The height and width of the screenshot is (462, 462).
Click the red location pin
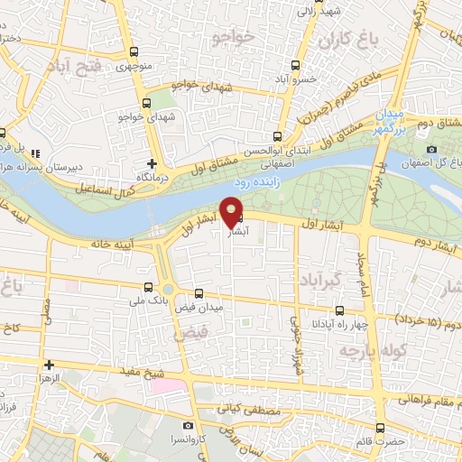[234, 211]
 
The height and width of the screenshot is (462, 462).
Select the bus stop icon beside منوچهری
[134, 52]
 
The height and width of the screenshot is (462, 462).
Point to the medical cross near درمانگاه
[151, 164]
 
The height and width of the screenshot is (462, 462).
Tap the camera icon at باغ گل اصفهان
[432, 149]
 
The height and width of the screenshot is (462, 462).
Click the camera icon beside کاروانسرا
[187, 425]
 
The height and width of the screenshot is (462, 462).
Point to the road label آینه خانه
[118, 244]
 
